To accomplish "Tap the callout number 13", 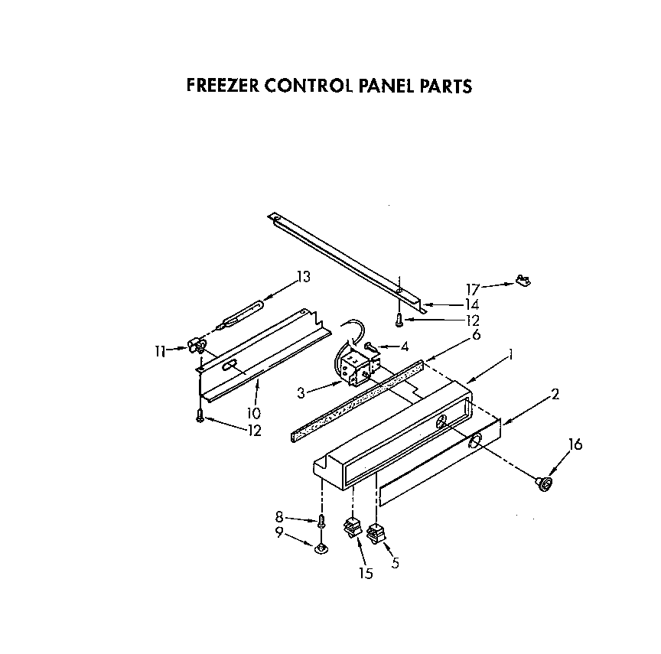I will point(304,277).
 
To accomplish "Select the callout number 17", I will point(473,289).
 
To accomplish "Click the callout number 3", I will point(301,392).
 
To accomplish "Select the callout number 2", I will point(555,394).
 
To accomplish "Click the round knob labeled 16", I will point(545,483).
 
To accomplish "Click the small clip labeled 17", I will point(524,281).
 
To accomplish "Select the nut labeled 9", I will point(323,546).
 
